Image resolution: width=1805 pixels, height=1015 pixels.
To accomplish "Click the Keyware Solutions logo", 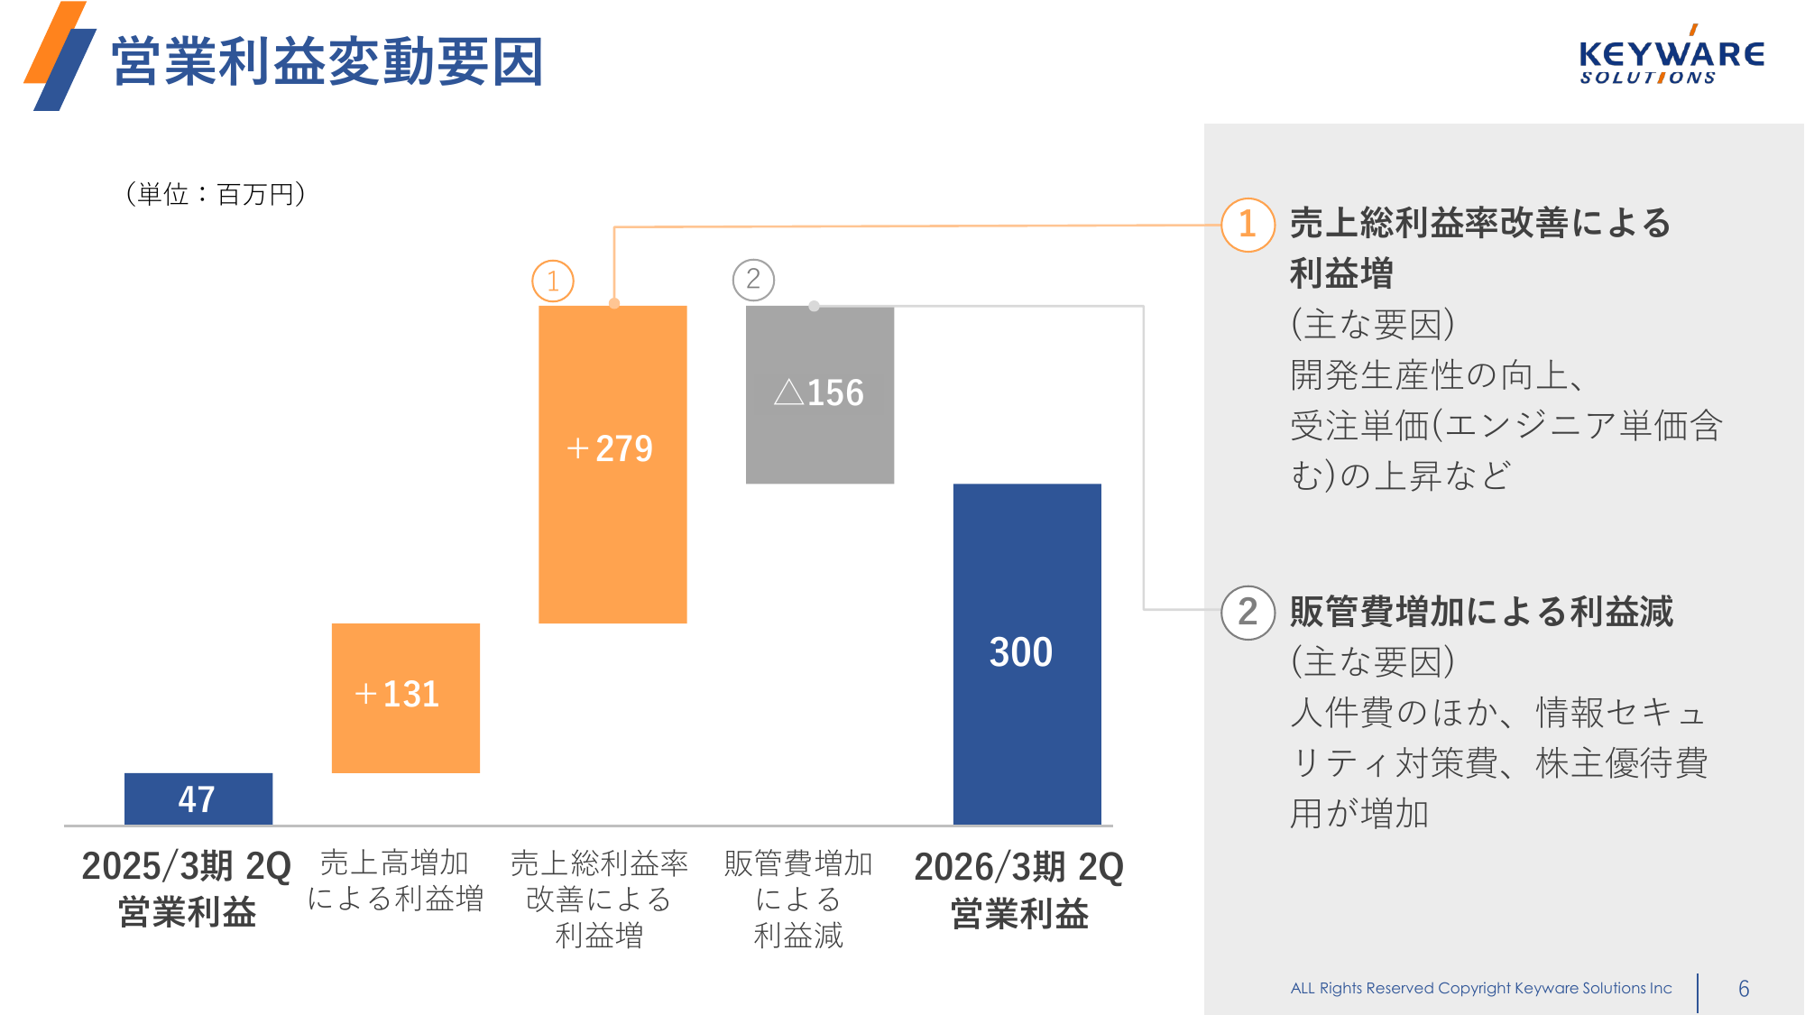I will (x=1671, y=59).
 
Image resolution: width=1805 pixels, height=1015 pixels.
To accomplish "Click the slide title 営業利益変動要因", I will (x=327, y=61).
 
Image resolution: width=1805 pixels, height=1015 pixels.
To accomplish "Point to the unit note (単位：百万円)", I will (x=216, y=194).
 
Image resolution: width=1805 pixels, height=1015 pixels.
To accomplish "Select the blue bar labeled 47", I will (x=198, y=798).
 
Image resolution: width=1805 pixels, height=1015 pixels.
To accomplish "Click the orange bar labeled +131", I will (x=405, y=697).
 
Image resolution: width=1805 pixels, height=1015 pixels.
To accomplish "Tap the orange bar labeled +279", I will (x=612, y=464).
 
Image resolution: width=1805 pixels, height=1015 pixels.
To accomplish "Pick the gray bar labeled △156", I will (x=819, y=394).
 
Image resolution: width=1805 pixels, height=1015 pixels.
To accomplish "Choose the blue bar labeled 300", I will (x=1027, y=653).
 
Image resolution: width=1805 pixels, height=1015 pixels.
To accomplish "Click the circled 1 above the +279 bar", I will (x=553, y=281).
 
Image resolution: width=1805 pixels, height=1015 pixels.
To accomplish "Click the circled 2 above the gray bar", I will (x=753, y=280).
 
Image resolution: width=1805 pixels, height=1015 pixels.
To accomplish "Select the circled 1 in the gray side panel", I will (x=1248, y=225).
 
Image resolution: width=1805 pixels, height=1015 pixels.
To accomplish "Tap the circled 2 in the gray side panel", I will (x=1248, y=613).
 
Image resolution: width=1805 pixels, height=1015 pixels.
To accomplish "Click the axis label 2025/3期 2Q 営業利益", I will (x=187, y=889).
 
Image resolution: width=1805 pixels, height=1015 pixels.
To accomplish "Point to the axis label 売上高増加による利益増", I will (x=395, y=881).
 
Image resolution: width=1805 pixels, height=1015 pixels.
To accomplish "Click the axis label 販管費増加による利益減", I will (x=798, y=899).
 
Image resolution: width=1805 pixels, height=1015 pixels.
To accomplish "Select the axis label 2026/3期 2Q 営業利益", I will (x=1019, y=890).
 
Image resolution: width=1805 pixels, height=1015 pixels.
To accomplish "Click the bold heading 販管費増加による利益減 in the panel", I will (x=1481, y=612).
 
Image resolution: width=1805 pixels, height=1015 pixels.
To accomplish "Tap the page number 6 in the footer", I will (x=1744, y=989).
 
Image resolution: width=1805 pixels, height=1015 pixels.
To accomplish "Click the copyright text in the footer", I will (x=1481, y=988).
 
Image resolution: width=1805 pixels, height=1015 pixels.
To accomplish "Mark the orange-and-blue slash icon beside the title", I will (x=60, y=56).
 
